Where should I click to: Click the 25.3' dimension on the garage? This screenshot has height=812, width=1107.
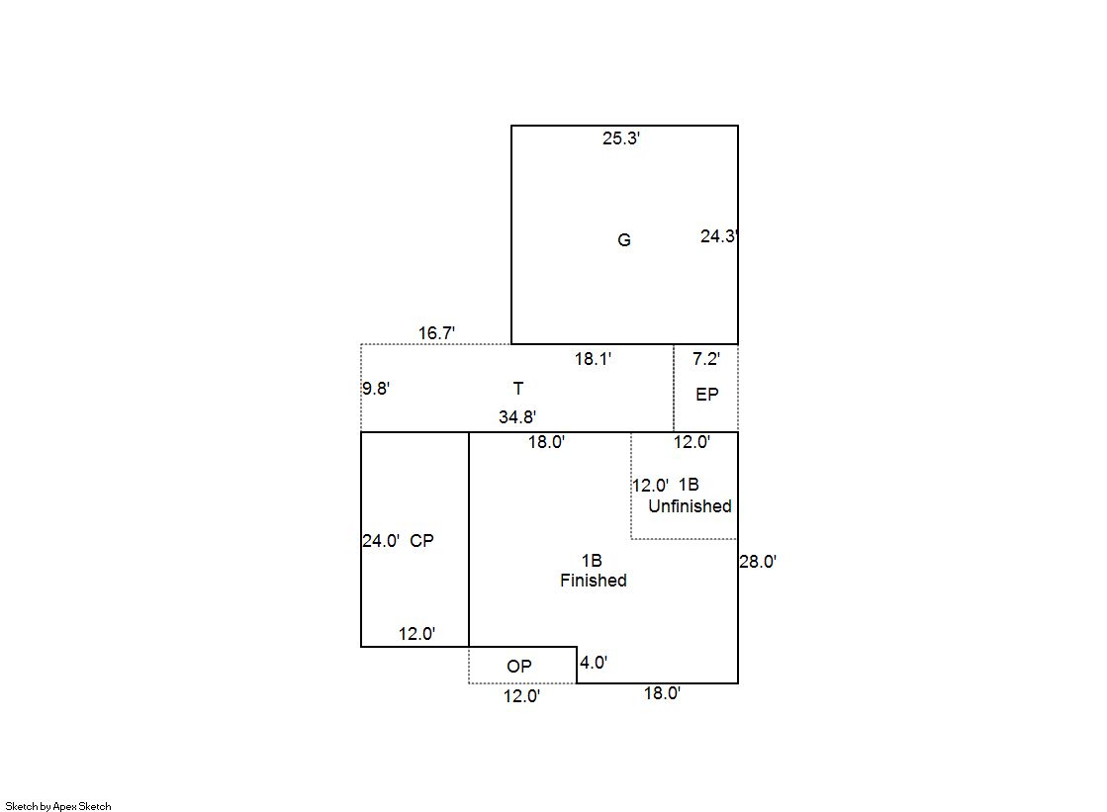(620, 138)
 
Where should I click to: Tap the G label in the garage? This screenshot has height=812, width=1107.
(624, 240)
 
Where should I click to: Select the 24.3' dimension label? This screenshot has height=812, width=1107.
(718, 236)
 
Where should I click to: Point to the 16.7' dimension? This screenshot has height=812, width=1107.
(436, 332)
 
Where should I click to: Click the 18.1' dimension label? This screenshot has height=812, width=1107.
(593, 359)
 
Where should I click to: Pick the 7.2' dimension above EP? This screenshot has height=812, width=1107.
(706, 359)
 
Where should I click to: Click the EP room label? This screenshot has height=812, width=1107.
(706, 395)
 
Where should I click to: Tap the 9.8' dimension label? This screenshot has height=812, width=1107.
(376, 389)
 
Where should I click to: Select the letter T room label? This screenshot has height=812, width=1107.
(518, 389)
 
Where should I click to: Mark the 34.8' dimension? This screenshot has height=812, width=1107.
(516, 417)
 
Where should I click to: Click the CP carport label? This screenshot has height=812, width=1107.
(421, 541)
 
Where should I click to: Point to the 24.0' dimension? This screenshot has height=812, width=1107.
(381, 541)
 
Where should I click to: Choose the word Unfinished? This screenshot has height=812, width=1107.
(690, 506)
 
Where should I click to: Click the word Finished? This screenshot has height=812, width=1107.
(593, 581)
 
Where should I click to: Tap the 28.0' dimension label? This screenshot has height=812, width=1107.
(758, 562)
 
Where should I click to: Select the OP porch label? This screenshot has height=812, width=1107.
(519, 667)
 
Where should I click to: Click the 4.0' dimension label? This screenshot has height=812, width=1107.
(593, 663)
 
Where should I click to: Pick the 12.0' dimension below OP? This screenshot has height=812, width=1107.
(521, 696)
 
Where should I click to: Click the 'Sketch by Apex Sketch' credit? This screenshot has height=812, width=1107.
(58, 806)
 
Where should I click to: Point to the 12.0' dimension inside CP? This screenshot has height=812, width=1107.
(416, 634)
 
